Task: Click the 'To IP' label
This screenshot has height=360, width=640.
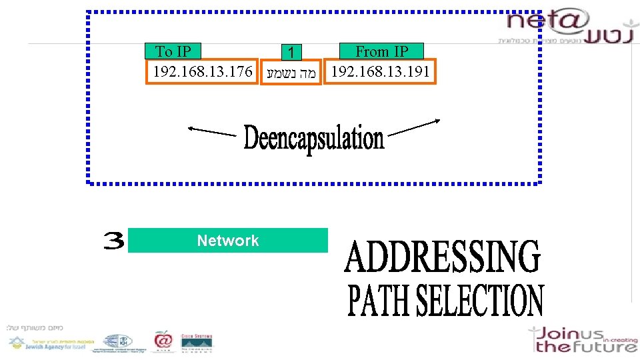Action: pyautogui.click(x=173, y=51)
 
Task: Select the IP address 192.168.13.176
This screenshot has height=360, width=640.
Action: pyautogui.click(x=203, y=71)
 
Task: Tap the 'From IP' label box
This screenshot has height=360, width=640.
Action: pyautogui.click(x=381, y=51)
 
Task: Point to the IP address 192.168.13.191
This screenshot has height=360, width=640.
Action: pyautogui.click(x=380, y=71)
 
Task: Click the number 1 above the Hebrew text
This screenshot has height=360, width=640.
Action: pyautogui.click(x=291, y=52)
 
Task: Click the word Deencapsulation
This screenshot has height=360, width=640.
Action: pyautogui.click(x=313, y=139)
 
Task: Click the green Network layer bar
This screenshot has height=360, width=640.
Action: pyautogui.click(x=228, y=241)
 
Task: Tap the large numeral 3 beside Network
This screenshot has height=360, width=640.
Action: pyautogui.click(x=113, y=241)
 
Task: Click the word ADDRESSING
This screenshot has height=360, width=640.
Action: pyautogui.click(x=442, y=258)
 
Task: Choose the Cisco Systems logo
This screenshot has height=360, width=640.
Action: pyautogui.click(x=197, y=341)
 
